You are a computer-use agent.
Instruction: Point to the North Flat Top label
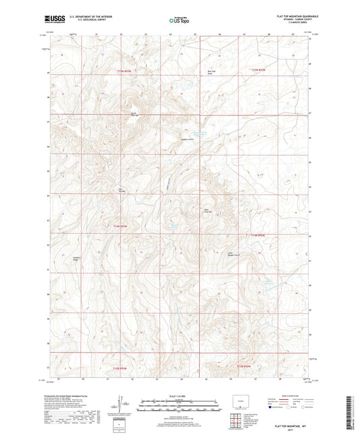click(x=134, y=113)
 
